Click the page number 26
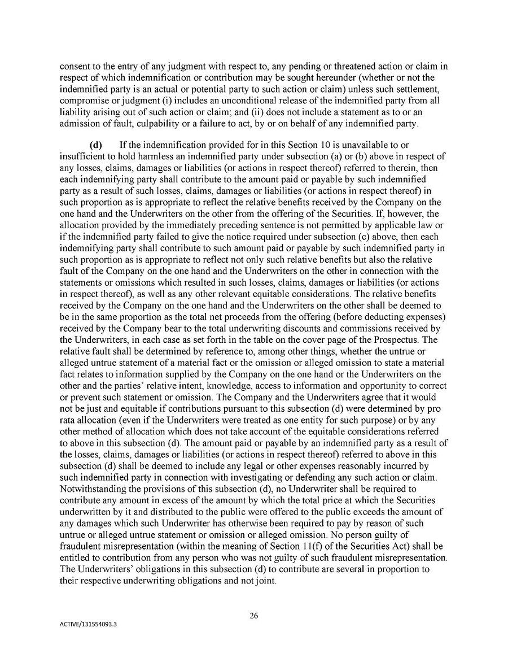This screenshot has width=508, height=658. click(254, 616)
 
